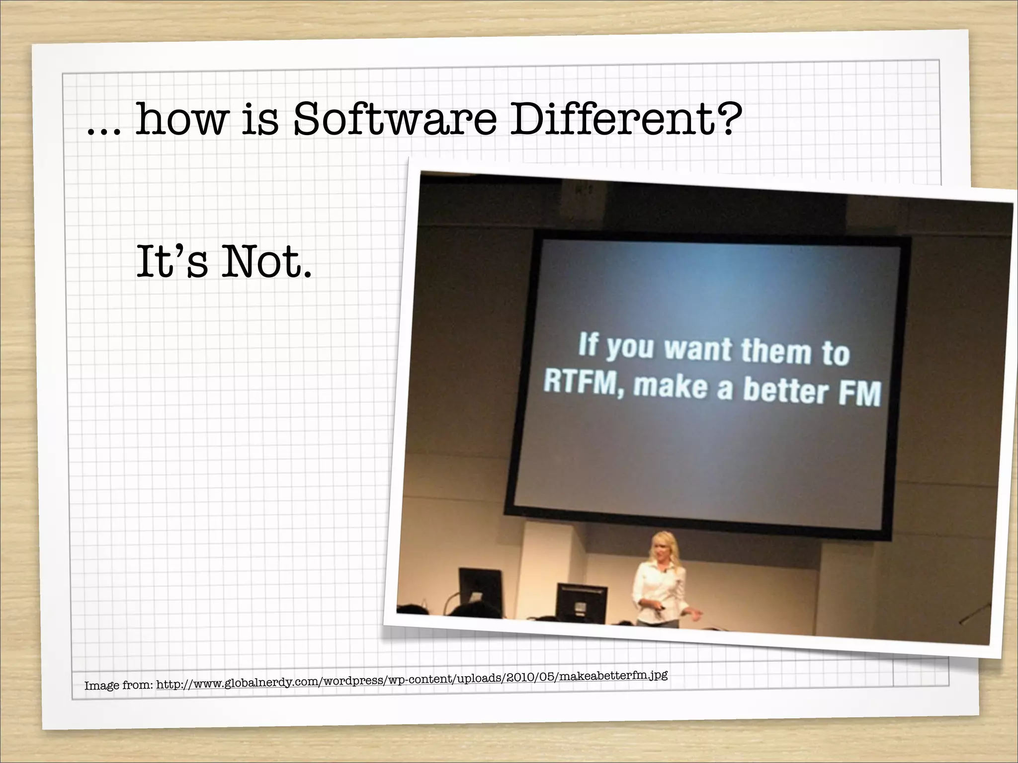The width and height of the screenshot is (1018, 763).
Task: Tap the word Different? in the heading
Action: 626,119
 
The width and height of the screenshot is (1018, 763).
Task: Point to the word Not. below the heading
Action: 266,262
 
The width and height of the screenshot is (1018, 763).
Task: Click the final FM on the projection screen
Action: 859,393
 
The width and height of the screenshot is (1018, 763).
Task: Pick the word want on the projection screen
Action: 698,349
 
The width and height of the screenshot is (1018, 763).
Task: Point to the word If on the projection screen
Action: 587,344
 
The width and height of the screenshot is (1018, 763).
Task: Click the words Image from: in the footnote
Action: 118,686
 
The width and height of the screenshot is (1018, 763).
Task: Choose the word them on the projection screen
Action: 776,351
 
